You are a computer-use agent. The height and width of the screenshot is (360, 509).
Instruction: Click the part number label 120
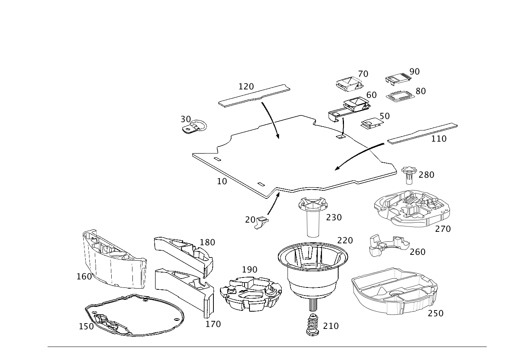tap(246, 86)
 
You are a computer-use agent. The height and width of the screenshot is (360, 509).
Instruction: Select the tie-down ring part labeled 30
tap(194, 126)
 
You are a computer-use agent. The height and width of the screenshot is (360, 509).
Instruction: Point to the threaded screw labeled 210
tap(313, 324)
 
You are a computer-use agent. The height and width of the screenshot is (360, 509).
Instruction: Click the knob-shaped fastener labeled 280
tap(409, 175)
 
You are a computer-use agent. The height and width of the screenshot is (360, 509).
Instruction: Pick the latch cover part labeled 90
tap(398, 79)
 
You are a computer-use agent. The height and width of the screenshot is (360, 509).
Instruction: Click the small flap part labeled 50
tap(372, 124)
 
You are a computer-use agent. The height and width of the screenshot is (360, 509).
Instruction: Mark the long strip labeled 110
tap(422, 133)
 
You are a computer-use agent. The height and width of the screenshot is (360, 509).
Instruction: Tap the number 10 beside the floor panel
tap(222, 181)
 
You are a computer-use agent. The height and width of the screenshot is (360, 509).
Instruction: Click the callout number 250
tap(436, 314)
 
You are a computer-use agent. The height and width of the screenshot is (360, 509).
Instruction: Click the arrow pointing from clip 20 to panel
tap(274, 203)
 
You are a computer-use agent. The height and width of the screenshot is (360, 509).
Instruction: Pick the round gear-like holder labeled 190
tap(251, 294)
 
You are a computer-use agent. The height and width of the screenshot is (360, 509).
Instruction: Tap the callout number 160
tap(84, 277)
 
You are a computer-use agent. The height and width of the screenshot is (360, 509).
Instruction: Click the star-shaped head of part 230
tap(313, 204)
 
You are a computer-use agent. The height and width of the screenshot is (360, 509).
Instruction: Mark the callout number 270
tap(443, 229)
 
